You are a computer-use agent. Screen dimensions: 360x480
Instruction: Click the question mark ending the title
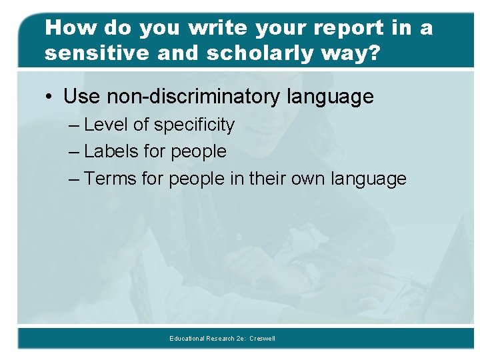click(x=375, y=53)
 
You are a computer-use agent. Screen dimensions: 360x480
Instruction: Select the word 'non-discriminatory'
click(x=194, y=97)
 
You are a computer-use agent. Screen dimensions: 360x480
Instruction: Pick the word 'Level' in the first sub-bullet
click(x=107, y=125)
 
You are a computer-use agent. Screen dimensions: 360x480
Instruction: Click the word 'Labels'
click(x=113, y=151)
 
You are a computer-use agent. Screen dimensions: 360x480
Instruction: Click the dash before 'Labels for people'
click(x=75, y=152)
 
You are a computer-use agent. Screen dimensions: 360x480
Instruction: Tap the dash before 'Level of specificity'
click(x=75, y=125)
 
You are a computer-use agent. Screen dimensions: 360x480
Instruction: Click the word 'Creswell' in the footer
click(x=262, y=339)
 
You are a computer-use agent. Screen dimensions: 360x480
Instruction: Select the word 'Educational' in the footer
click(x=187, y=339)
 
